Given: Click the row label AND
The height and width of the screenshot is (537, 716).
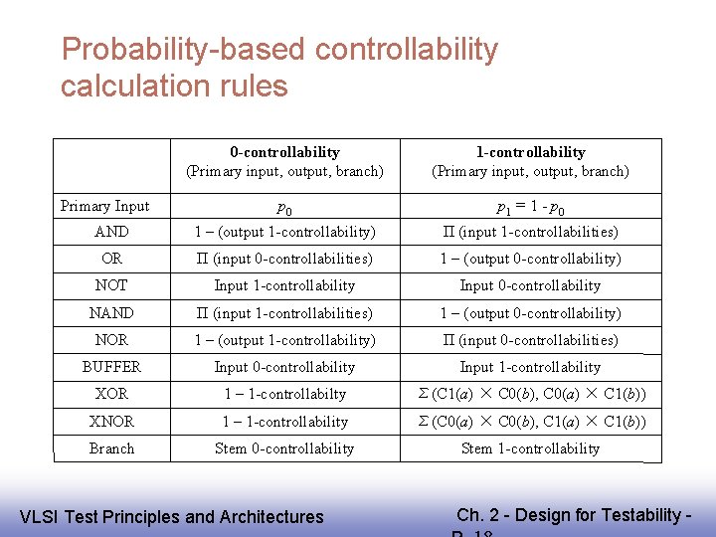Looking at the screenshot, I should coord(111,232).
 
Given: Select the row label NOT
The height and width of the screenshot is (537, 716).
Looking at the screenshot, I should coord(111,285).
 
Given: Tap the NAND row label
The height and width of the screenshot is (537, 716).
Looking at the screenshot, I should coord(111,313).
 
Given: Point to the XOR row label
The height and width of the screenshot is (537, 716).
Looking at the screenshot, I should coord(111,394).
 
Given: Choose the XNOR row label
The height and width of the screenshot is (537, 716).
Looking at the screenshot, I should coord(111,422).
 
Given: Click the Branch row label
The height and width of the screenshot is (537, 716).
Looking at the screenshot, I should coord(111,448).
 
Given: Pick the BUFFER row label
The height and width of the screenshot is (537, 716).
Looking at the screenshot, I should coord(111,367).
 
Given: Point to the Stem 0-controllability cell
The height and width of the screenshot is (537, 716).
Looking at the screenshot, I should coord(284,448).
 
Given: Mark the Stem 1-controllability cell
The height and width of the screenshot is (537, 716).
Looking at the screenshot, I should coord(530,448).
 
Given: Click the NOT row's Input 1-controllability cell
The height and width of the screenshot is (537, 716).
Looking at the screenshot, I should coord(284,285).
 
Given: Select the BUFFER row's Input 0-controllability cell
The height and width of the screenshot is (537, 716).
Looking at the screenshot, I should coord(284,367).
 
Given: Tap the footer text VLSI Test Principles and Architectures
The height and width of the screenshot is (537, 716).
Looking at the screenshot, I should coord(172,516).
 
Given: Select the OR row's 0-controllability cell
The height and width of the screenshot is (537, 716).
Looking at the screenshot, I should coord(284,259).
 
